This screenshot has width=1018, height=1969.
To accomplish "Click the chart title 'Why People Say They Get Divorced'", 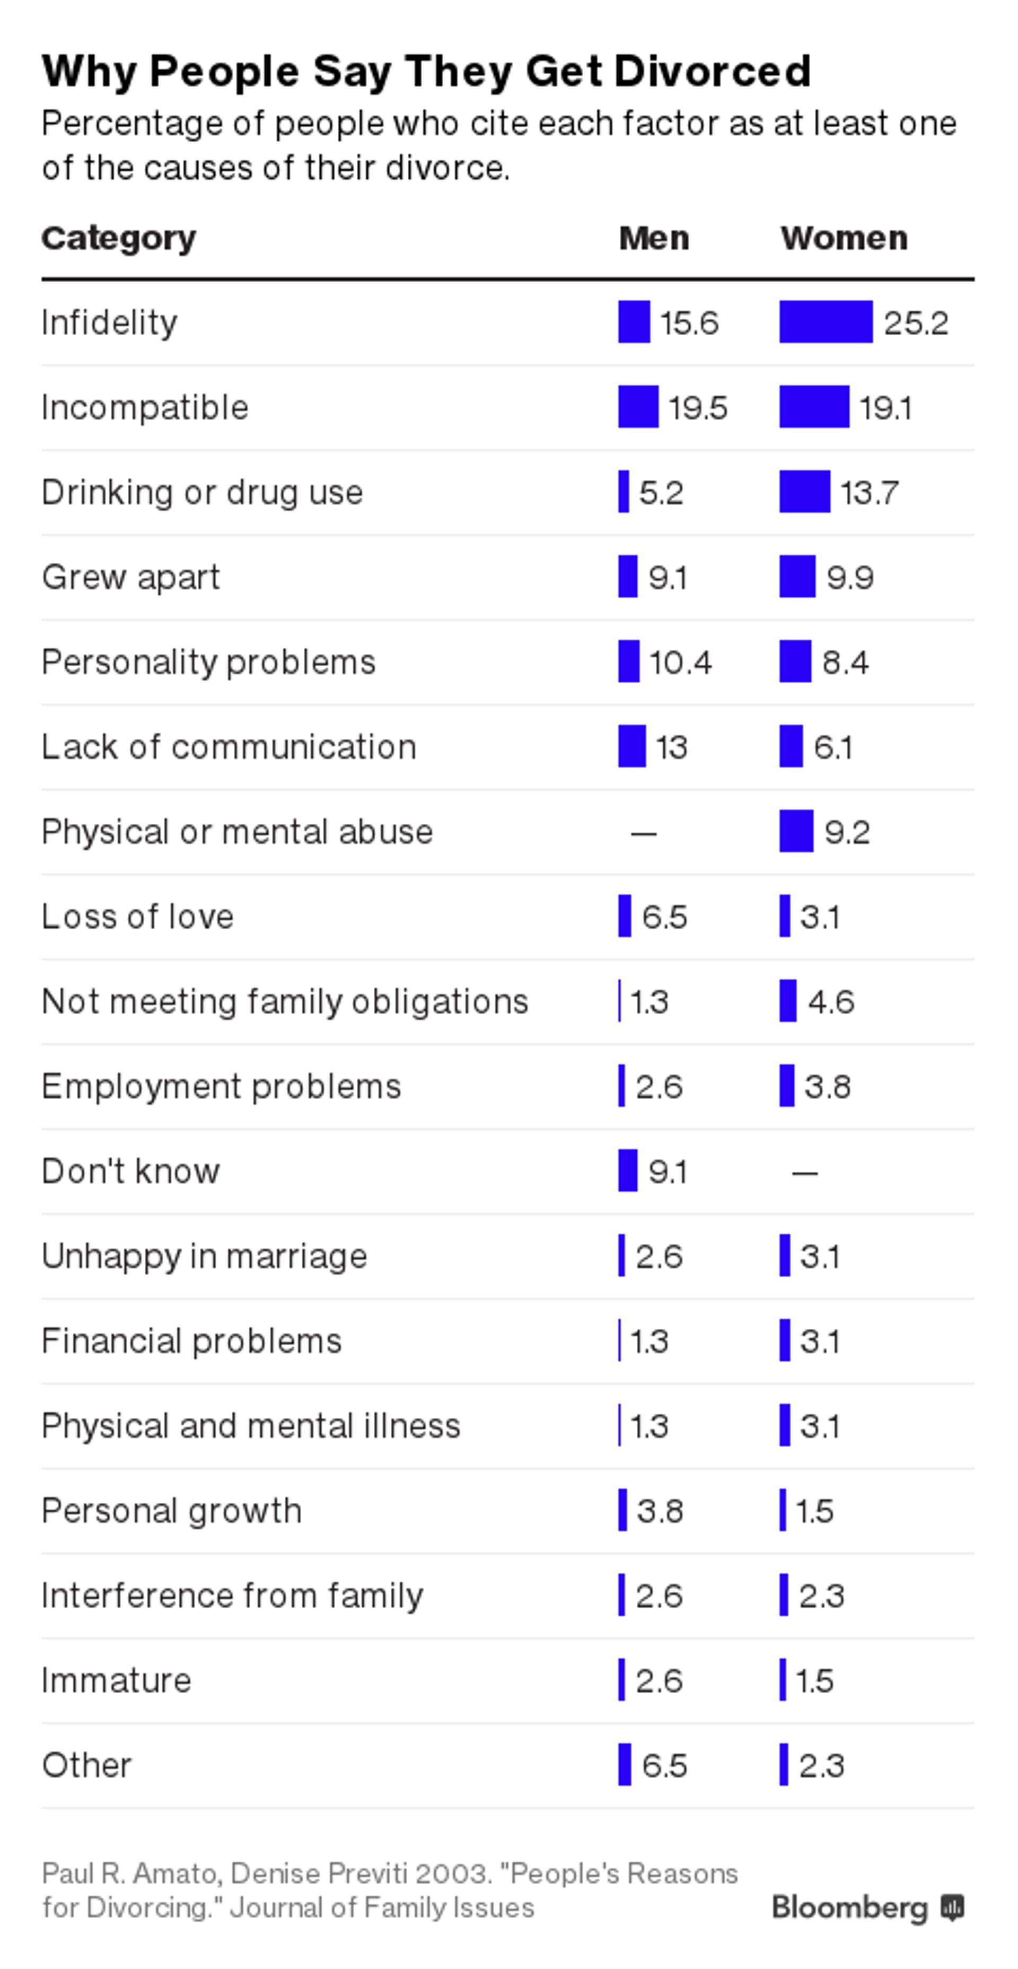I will click(x=426, y=72).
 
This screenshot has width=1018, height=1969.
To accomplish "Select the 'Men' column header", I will click(x=653, y=239).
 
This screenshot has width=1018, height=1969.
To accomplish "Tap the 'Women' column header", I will click(x=844, y=239).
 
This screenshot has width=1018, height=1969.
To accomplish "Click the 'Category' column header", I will click(x=118, y=239).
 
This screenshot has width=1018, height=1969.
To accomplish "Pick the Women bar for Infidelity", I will click(x=826, y=322).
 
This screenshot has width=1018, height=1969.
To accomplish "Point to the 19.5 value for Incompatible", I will click(x=698, y=407).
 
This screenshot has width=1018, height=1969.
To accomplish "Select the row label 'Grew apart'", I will click(x=130, y=577).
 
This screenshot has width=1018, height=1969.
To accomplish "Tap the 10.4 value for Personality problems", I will click(x=680, y=662).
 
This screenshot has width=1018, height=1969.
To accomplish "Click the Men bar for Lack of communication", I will click(x=632, y=746).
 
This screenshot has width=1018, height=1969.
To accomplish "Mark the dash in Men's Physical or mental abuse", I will click(x=644, y=832).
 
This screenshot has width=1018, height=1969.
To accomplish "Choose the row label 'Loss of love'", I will click(x=137, y=917).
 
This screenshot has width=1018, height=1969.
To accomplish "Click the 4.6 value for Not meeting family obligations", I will click(x=831, y=1001).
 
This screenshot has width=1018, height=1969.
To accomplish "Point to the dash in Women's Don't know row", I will click(x=805, y=1172).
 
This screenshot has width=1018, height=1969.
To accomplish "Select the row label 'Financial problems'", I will click(x=191, y=1341).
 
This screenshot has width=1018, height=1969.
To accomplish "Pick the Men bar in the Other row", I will click(x=625, y=1764).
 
